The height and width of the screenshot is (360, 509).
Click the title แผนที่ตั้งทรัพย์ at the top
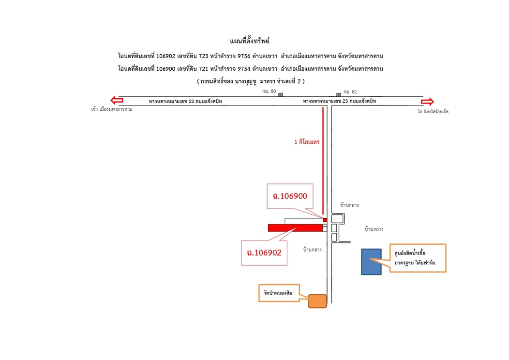point(250,41)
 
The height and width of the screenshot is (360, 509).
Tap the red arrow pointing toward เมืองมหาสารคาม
point(117,100)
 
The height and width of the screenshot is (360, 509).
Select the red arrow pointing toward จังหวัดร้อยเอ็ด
point(427,101)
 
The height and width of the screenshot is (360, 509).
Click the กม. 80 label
point(269,91)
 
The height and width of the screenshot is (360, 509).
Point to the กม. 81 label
point(350,92)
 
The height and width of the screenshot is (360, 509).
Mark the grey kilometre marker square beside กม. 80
point(281,95)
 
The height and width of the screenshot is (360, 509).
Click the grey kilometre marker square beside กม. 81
point(339,95)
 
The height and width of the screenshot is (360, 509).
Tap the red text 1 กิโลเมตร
point(307,142)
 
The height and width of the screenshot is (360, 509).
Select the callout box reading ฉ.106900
point(290,196)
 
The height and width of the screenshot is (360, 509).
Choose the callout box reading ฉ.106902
point(264,253)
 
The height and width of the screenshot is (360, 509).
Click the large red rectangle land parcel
point(295,228)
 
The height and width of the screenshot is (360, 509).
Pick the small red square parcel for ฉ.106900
point(325,220)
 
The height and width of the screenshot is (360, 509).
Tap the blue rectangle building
point(372,262)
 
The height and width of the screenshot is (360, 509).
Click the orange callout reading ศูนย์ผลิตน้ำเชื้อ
point(418,258)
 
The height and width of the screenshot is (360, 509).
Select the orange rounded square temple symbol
point(317,301)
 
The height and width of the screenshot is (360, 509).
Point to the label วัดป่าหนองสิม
point(278,293)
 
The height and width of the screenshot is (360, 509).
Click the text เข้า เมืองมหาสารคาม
point(112,109)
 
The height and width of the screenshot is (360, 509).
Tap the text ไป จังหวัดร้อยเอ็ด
point(433,111)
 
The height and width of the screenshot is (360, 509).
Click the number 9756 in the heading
point(244,56)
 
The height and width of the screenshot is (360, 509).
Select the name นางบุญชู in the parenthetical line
point(245,81)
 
